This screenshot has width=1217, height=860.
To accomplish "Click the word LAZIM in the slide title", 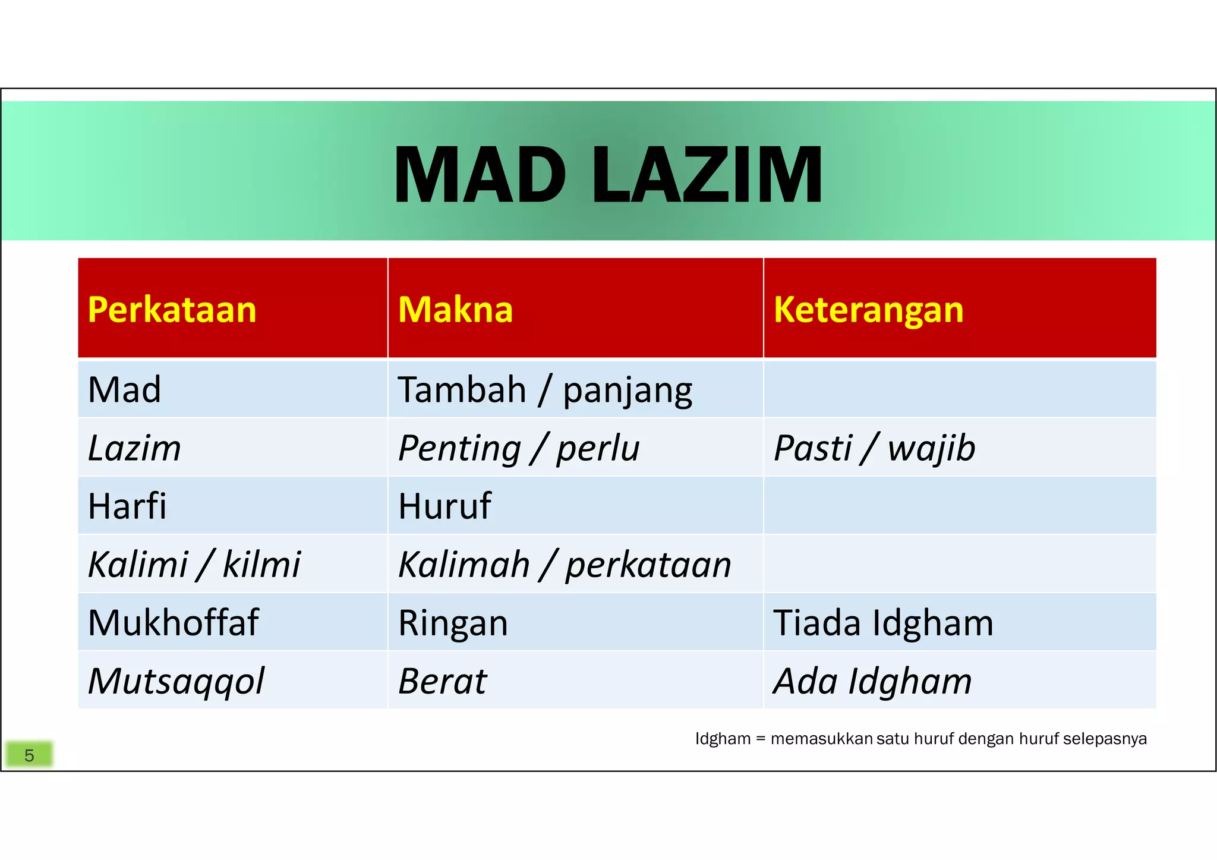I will (x=707, y=176).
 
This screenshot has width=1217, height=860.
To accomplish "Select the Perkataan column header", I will (x=172, y=310).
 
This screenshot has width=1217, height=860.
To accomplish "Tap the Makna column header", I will (x=455, y=310).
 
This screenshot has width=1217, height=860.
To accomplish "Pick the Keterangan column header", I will (x=868, y=310).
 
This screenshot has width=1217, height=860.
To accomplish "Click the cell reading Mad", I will (x=125, y=390).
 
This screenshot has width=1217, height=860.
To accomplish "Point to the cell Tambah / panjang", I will (x=545, y=390).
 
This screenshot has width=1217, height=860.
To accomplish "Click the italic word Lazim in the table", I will (x=135, y=448).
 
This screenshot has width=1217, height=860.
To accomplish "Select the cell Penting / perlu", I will (x=519, y=448).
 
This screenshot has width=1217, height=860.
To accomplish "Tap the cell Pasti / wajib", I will (x=874, y=448).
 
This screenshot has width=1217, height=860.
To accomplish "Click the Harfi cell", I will (x=127, y=506).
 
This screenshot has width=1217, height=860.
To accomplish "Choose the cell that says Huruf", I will (x=444, y=506).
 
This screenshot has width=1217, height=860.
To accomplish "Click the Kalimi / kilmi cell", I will (x=194, y=565).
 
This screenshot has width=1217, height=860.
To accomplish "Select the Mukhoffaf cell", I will (x=173, y=623).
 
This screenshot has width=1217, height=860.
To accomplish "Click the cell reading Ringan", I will (x=453, y=623).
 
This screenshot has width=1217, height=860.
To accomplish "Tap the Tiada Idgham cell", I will (x=883, y=623).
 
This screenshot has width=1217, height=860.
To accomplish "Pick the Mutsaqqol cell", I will (x=176, y=681).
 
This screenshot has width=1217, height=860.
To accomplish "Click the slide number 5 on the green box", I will (x=29, y=755).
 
